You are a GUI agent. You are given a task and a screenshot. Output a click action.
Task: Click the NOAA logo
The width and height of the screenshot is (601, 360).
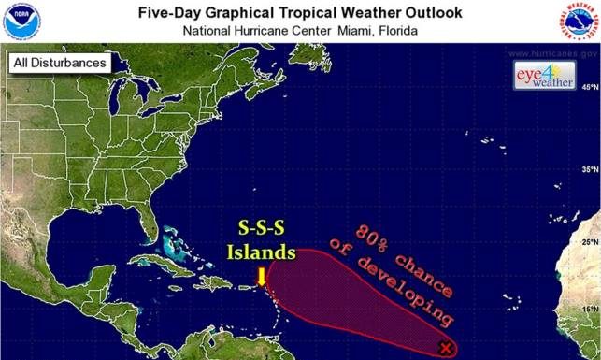[18, 21]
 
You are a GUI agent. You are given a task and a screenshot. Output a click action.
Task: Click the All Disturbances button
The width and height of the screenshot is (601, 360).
[58, 64]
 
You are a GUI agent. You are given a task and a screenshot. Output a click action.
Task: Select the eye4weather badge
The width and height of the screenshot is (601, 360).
[542, 77]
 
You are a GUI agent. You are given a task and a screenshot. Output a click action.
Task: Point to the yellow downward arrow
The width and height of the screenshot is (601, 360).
[262, 276]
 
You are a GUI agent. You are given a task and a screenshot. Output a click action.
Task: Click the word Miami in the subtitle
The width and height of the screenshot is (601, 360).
[329, 29]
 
